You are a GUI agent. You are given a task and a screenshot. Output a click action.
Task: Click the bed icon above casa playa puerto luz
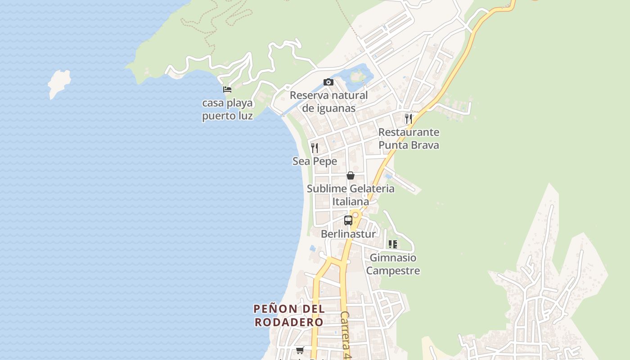pyautogui.click(x=227, y=89)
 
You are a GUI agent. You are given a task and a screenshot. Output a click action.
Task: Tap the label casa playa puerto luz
pyautogui.click(x=227, y=109)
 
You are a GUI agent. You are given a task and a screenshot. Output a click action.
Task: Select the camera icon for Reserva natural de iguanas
pyautogui.click(x=328, y=82)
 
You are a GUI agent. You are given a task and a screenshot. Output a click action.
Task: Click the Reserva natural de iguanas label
pyautogui.click(x=328, y=102)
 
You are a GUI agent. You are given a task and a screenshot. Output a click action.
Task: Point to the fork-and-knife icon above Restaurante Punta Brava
pyautogui.click(x=408, y=118)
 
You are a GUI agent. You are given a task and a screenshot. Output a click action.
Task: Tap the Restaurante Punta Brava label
pyautogui.click(x=409, y=139)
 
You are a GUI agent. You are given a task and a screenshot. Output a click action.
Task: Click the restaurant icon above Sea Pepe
pyautogui.click(x=315, y=148)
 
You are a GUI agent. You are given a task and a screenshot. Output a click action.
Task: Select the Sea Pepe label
pyautogui.click(x=315, y=161)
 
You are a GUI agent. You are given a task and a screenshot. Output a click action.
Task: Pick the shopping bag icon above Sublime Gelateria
pyautogui.click(x=351, y=175)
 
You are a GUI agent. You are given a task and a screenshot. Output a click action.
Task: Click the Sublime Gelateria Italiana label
pyautogui.click(x=351, y=195)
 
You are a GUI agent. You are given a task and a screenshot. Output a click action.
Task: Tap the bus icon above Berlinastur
pyautogui.click(x=348, y=220)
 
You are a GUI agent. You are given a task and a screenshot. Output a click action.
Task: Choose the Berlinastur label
pyautogui.click(x=348, y=234)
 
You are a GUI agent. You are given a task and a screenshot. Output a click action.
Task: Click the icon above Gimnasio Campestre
pyautogui.click(x=393, y=244)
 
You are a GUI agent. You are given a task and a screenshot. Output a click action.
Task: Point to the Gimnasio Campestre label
pyautogui.click(x=393, y=264)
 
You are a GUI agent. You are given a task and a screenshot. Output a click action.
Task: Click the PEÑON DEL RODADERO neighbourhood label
pyautogui.click(x=289, y=315)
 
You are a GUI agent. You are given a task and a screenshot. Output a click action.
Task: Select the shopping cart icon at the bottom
pyautogui.click(x=300, y=350)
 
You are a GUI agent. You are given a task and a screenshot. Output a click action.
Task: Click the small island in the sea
pyautogui.click(x=59, y=83)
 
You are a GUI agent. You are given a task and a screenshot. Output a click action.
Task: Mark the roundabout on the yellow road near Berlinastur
pyautogui.click(x=355, y=215)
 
